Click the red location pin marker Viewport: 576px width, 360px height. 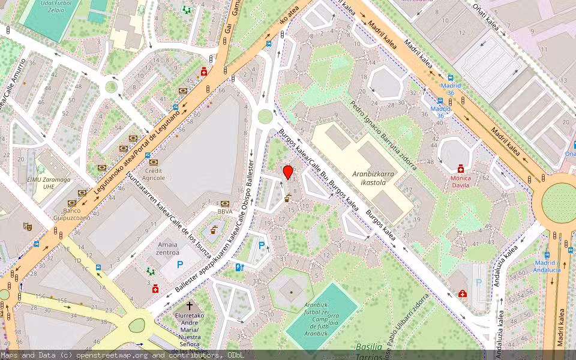click(x=288, y=172)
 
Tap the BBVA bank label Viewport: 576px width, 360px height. click(x=226, y=211)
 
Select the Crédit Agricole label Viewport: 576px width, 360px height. click(x=154, y=174)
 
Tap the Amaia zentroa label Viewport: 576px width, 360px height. click(x=167, y=248)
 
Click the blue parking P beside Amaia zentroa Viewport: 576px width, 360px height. click(x=179, y=265)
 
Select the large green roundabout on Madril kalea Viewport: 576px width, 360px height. click(x=558, y=201)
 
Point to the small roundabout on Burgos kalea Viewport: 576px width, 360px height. click(x=265, y=116)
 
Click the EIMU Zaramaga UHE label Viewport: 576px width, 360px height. click(x=53, y=182)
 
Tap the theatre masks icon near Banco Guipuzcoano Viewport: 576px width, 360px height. click(x=27, y=226)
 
